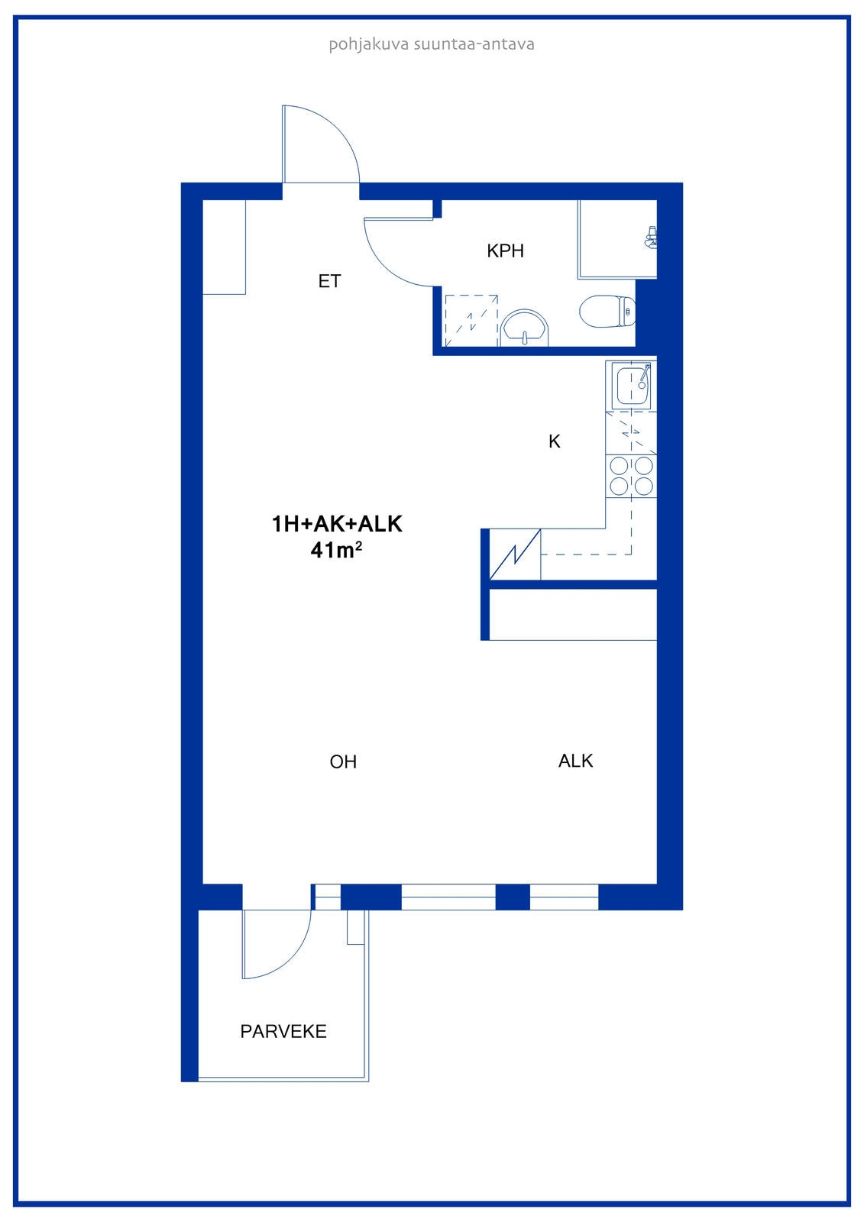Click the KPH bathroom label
505,251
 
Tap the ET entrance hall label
330,282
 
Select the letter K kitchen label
554,441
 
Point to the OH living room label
343,761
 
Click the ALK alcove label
575,761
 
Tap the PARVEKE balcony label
283,1031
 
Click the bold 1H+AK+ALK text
337,524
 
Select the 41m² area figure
336,550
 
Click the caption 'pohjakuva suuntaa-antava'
431,44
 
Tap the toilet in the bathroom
607,312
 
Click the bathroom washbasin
525,328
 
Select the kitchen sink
632,386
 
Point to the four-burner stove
631,476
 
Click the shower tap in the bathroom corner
650,238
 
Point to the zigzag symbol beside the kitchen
515,554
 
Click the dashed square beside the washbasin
471,321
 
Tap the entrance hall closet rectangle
224,247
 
